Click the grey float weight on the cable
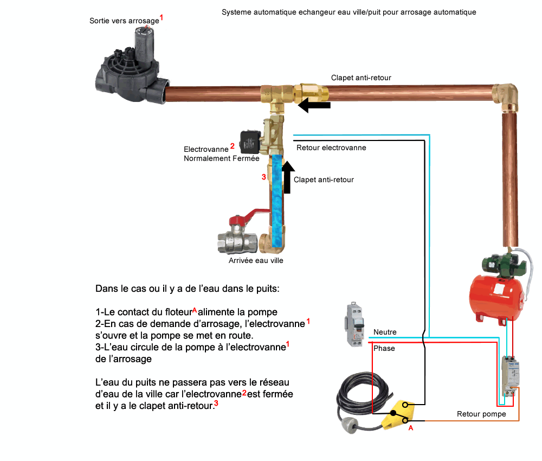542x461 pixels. (x=351, y=428)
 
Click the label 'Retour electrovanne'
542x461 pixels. (x=331, y=148)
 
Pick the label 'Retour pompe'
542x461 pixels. (x=481, y=414)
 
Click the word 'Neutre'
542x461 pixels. (x=385, y=332)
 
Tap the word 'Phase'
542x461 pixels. (x=384, y=348)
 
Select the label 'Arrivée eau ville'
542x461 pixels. (x=256, y=260)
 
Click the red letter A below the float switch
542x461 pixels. (x=410, y=428)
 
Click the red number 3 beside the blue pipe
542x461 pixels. (x=263, y=177)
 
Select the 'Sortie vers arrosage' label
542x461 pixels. (x=125, y=21)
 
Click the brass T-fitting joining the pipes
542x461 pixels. (x=275, y=95)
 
